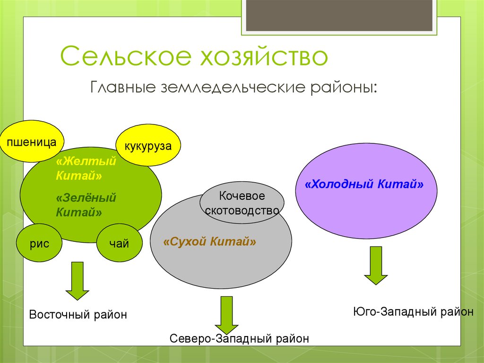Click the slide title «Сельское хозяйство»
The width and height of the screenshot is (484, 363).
[x=194, y=57]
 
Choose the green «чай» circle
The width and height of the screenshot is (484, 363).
[x=119, y=244]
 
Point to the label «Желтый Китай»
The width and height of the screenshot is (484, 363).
[x=86, y=168]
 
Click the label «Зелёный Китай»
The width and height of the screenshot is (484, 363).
[x=86, y=205]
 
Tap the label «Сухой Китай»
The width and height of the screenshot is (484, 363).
[x=209, y=242]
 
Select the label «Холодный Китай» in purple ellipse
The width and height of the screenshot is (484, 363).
[x=364, y=184]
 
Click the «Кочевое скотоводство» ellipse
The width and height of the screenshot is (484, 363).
[x=242, y=204]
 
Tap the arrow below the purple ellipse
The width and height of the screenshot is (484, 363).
[x=376, y=266]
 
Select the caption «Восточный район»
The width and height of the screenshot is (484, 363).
[x=78, y=314]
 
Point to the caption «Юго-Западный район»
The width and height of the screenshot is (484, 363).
[x=413, y=311]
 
